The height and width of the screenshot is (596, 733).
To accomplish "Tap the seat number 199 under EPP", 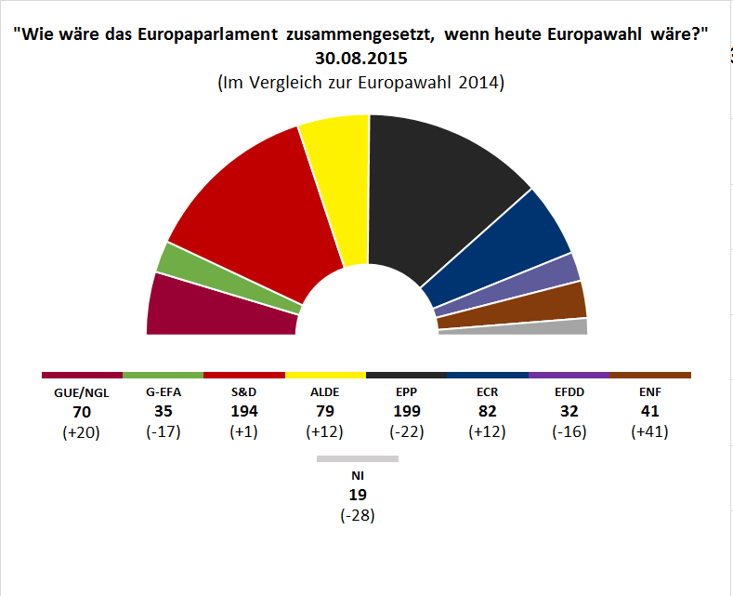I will [407, 411].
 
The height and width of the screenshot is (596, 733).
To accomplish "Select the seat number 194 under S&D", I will [244, 411].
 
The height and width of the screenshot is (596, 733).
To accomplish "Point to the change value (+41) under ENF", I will [649, 430].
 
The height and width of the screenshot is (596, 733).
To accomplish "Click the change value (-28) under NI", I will [358, 514].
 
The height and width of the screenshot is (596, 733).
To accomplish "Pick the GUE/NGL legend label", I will [82, 392].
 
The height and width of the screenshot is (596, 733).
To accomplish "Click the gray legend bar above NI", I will [358, 458].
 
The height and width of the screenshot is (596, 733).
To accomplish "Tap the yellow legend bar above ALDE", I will [325, 375].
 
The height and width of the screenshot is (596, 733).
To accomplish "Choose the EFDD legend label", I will [569, 392].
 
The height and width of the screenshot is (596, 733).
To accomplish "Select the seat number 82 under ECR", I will [488, 411].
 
